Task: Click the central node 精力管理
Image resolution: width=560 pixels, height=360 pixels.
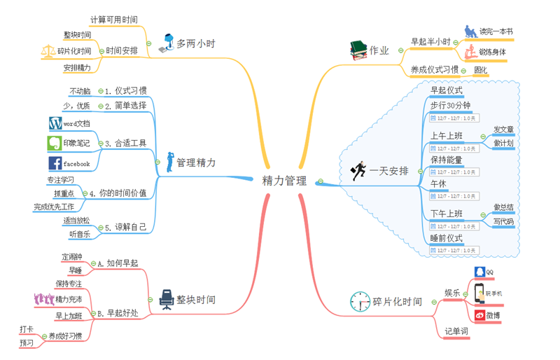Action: click(x=284, y=181)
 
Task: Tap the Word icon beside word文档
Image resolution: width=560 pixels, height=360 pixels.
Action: click(x=55, y=123)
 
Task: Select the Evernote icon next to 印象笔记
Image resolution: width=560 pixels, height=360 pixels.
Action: click(x=55, y=143)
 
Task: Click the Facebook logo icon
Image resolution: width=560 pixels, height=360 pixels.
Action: click(x=55, y=163)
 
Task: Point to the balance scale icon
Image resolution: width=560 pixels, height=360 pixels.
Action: click(x=48, y=51)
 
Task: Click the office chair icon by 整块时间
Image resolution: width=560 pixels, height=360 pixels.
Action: click(x=166, y=299)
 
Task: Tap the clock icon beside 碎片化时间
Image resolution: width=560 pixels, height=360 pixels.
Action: click(x=360, y=301)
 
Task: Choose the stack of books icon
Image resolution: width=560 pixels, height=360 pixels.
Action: click(x=358, y=49)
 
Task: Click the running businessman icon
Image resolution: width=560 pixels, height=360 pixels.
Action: click(x=358, y=170)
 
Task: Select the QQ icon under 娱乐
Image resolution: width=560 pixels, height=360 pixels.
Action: click(x=479, y=272)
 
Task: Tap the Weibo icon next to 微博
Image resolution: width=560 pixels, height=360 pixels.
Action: click(x=479, y=315)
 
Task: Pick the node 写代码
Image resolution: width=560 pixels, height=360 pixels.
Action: click(x=503, y=222)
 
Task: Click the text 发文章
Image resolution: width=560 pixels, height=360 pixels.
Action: click(x=503, y=130)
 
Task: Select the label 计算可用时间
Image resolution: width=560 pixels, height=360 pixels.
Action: click(x=114, y=20)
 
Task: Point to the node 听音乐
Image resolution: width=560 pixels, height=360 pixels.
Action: click(x=80, y=234)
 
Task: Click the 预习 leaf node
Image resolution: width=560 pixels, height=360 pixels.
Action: click(x=27, y=343)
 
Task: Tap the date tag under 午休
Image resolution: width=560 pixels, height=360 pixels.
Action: click(x=454, y=196)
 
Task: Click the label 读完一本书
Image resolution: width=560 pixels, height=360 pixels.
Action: click(x=496, y=32)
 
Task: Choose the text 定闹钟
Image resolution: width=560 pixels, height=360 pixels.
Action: click(x=72, y=256)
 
